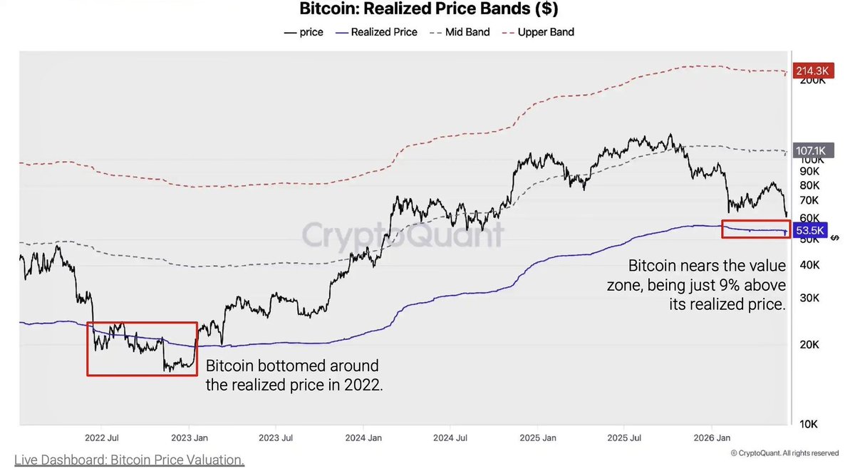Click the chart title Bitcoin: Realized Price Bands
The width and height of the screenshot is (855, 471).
point(429,9)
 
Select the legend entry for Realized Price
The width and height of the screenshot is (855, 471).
point(376,32)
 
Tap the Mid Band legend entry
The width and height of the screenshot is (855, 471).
point(460,32)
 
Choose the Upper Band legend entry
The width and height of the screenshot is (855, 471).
point(538,32)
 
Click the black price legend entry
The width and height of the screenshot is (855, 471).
point(304,32)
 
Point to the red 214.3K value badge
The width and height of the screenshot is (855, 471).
point(813,71)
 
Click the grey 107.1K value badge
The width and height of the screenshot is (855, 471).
point(813,150)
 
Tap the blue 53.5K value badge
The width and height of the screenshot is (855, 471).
point(810,230)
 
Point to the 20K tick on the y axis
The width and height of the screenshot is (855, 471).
point(809,345)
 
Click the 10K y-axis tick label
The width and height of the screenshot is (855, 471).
point(809,424)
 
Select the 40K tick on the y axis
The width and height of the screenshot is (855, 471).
point(809,265)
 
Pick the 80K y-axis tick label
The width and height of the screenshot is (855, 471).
point(809,185)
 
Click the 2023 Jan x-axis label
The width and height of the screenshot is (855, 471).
point(190,438)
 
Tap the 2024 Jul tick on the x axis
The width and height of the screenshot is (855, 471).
point(450,438)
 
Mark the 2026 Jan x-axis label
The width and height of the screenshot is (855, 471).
point(712,438)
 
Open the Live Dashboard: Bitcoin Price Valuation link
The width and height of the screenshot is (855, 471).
point(130,460)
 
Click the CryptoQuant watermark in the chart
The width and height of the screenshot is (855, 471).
point(403,234)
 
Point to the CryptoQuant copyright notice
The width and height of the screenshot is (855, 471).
point(784,453)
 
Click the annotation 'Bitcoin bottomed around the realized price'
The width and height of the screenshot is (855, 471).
point(294,376)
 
